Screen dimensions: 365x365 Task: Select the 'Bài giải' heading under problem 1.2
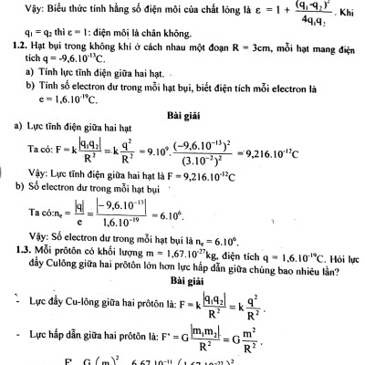pyautogui.click(x=183, y=120)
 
